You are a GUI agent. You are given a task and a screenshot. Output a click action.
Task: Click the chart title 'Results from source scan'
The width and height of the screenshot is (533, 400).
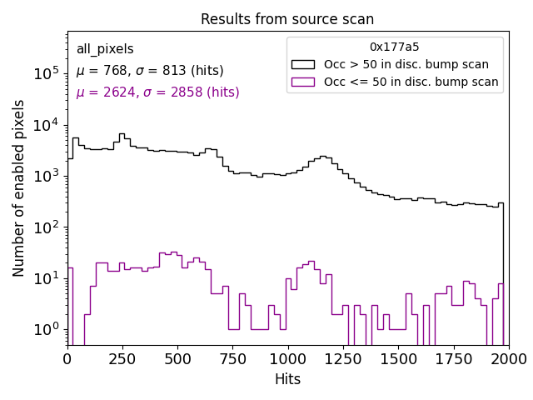coord(287,19)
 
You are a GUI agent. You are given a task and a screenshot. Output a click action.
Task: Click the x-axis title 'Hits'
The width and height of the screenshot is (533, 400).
coord(287,379)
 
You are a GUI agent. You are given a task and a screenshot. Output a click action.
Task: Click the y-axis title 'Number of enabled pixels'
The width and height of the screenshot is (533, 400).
coord(19,188)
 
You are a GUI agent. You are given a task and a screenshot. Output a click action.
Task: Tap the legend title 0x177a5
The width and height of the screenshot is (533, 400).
coord(395,47)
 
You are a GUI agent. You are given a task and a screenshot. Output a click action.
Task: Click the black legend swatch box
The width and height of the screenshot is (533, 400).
coord(303,64)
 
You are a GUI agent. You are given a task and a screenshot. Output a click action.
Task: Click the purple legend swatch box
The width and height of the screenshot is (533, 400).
coord(303,82)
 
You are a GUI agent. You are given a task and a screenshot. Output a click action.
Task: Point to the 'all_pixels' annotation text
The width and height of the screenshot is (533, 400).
coord(105,49)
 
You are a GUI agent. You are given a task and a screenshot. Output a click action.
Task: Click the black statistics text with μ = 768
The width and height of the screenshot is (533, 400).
coord(150,71)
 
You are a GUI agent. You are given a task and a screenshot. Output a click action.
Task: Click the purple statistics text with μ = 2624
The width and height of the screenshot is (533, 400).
coord(157,92)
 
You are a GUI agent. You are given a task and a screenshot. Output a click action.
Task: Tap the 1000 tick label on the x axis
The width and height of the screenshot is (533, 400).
coord(287,358)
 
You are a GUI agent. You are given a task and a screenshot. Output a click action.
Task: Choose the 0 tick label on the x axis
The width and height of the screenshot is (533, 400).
coord(67,358)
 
